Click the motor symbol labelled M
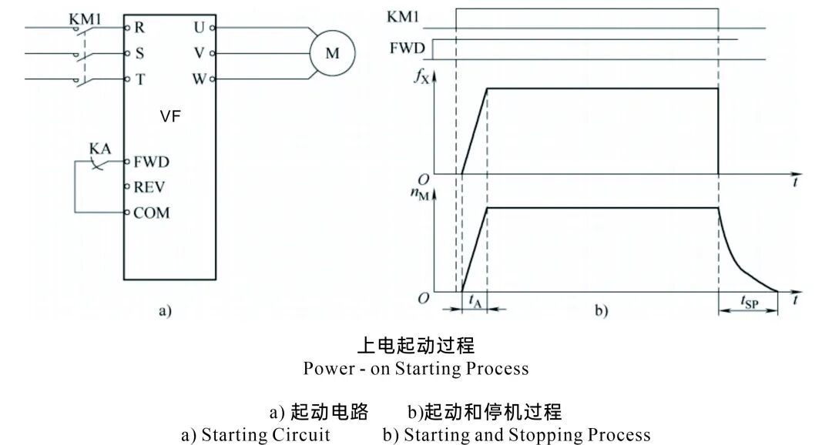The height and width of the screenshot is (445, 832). [x=332, y=53]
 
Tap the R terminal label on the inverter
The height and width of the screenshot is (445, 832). [x=139, y=27]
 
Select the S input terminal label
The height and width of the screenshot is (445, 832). [x=139, y=54]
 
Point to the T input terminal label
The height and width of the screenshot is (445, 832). [x=139, y=79]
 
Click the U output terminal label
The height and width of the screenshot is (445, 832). [x=200, y=27]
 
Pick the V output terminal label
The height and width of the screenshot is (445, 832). [x=200, y=54]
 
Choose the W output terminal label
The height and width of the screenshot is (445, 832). [x=199, y=79]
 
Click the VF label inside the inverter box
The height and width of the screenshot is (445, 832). [x=170, y=117]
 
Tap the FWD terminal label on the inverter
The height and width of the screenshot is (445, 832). [x=151, y=162]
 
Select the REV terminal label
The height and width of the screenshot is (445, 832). [x=149, y=187]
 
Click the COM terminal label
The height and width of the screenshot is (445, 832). [x=151, y=212]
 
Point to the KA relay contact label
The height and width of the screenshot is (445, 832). [x=99, y=148]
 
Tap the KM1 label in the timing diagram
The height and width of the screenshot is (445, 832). [x=406, y=17]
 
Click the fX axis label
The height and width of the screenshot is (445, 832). [x=422, y=78]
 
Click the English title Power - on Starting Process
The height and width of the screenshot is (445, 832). [x=416, y=368]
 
